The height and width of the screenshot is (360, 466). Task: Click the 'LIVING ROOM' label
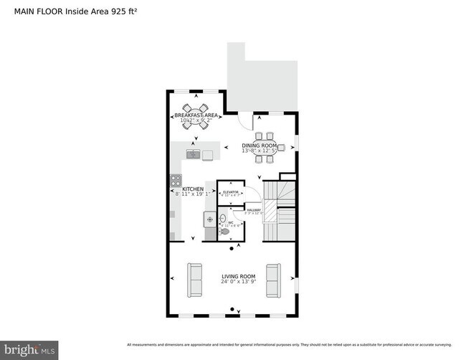coord(238,276)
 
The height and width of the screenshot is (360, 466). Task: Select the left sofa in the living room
coord(194,280)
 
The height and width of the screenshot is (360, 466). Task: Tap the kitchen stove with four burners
coord(175,181)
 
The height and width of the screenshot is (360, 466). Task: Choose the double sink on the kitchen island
coord(194,154)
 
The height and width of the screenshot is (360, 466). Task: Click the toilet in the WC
coord(225,232)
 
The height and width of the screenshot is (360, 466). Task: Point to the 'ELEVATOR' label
coord(231,192)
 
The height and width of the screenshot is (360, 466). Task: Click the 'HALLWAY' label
coord(254,209)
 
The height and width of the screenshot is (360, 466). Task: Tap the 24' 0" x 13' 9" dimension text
coord(238,282)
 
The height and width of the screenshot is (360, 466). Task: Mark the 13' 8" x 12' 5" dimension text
coord(259,151)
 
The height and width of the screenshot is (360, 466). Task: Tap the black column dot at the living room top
coord(232,249)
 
